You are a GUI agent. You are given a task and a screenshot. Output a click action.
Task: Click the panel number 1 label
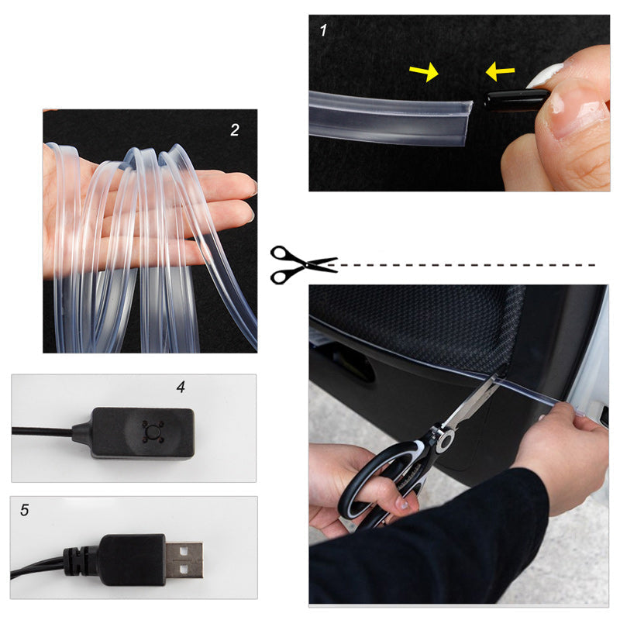tap(323, 31)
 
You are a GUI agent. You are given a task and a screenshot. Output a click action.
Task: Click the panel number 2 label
tap(235, 130)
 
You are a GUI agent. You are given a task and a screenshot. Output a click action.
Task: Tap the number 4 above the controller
tap(181, 387)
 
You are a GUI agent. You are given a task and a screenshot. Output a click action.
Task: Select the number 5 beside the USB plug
tap(25, 510)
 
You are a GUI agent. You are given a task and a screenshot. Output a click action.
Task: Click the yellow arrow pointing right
tap(423, 72)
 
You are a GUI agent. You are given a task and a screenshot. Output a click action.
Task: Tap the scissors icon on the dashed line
tap(302, 263)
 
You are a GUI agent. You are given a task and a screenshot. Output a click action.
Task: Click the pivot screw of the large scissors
tap(445, 440)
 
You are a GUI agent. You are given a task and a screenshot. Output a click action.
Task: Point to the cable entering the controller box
tap(46, 431)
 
